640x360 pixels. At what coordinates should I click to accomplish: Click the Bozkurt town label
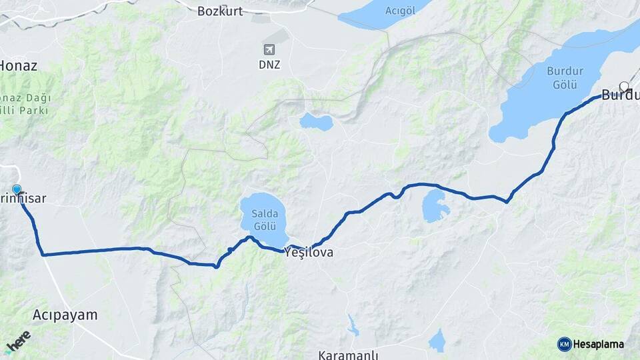[x=221, y=11]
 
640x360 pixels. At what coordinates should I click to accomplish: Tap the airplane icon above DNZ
[x=269, y=50]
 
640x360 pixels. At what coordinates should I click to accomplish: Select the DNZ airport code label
[x=270, y=65]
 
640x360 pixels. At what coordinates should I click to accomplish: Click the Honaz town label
[x=19, y=65]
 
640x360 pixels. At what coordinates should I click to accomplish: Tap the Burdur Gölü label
[x=565, y=77]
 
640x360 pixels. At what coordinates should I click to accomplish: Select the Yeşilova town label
[x=308, y=253]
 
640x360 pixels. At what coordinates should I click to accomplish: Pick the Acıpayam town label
[x=65, y=314]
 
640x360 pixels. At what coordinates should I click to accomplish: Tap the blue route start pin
[x=17, y=190]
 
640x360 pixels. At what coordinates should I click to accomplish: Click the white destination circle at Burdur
[x=624, y=86]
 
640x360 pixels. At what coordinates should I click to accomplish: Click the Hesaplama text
[x=598, y=344]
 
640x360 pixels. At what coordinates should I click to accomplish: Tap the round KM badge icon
[x=565, y=344]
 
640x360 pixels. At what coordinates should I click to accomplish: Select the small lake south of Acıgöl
[x=316, y=121]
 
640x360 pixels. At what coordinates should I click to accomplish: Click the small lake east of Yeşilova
[x=436, y=206]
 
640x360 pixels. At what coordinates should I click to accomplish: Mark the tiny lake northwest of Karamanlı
[x=352, y=325]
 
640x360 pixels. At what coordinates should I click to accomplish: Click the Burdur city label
[x=619, y=95]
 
